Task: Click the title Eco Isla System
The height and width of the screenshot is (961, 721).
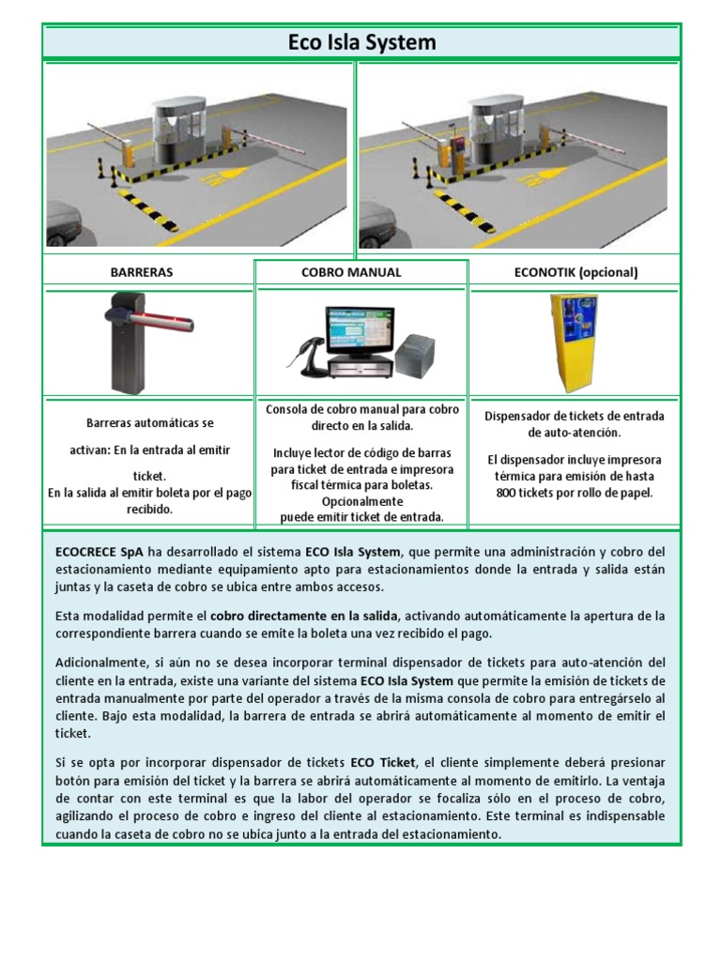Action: [x=360, y=42]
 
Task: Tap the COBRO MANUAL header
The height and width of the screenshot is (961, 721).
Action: [x=361, y=272]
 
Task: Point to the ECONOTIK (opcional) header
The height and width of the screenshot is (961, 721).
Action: [x=575, y=272]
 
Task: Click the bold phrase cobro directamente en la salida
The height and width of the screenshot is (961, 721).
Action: [x=304, y=616]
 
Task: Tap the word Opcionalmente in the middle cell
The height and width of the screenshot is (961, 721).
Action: [x=361, y=501]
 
